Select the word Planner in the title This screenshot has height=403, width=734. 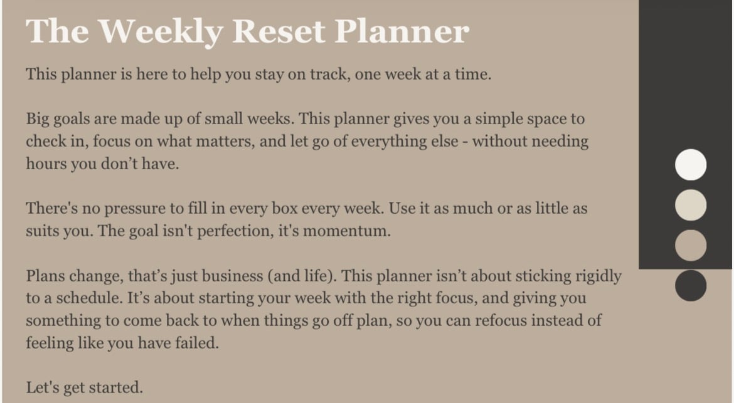click(402, 31)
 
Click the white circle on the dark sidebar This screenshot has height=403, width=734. click(691, 165)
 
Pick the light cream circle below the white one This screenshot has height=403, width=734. click(691, 205)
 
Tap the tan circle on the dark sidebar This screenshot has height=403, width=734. click(691, 245)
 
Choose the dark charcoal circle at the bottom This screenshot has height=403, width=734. click(691, 285)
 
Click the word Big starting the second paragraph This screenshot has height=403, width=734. click(37, 119)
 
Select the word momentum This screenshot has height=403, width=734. click(346, 231)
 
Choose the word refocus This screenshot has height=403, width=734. click(501, 321)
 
